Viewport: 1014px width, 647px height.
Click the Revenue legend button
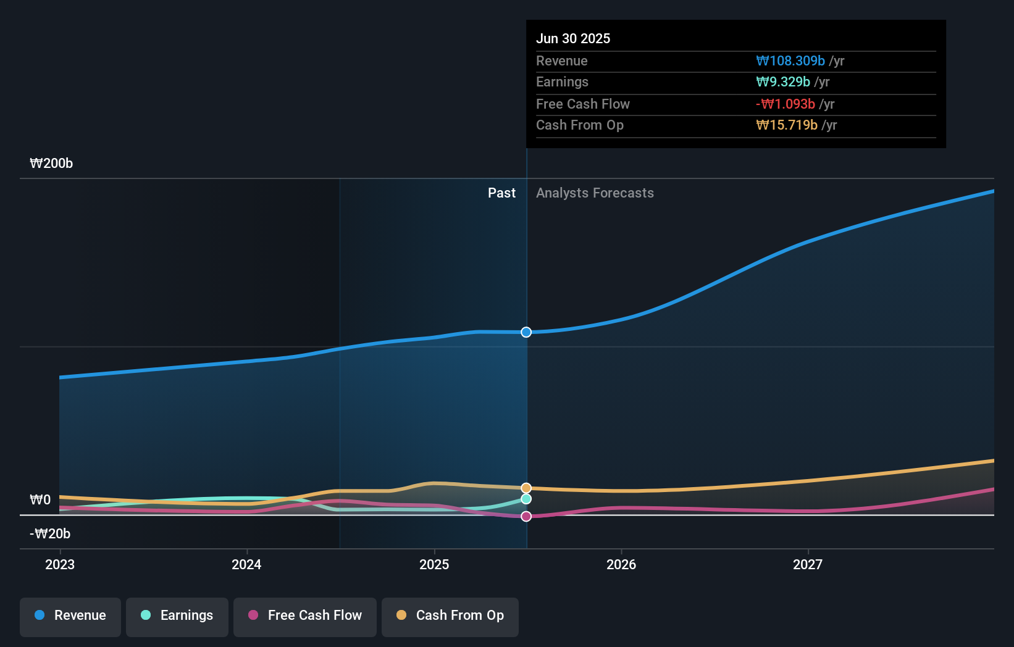pyautogui.click(x=70, y=616)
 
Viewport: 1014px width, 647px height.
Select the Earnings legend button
pyautogui.click(x=177, y=616)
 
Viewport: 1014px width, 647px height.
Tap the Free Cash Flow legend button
pyautogui.click(x=305, y=616)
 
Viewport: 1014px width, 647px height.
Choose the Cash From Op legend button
pyautogui.click(x=450, y=616)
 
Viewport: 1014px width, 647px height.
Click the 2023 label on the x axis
pyautogui.click(x=60, y=564)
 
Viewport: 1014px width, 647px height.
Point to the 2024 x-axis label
pyautogui.click(x=246, y=564)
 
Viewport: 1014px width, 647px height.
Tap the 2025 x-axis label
pyautogui.click(x=434, y=564)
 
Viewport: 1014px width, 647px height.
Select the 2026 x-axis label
pyautogui.click(x=621, y=564)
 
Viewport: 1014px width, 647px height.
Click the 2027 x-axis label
pyautogui.click(x=808, y=564)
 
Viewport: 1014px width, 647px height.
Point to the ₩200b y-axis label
pyautogui.click(x=51, y=164)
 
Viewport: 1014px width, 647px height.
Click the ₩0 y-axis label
pyautogui.click(x=40, y=499)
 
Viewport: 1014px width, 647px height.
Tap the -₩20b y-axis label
pyautogui.click(x=50, y=533)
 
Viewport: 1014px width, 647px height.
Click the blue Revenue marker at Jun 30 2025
pyautogui.click(x=526, y=332)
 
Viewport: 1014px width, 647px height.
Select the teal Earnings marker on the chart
pyautogui.click(x=526, y=499)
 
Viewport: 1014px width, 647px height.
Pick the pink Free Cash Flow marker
pyautogui.click(x=526, y=516)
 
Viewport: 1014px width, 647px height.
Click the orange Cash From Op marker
pyautogui.click(x=526, y=488)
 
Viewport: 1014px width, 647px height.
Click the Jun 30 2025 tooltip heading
pyautogui.click(x=573, y=38)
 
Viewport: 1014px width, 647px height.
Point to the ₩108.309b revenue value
pyautogui.click(x=790, y=61)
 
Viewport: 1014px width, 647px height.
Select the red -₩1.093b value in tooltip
pyautogui.click(x=786, y=104)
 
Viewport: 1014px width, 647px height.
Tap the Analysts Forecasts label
pyautogui.click(x=595, y=193)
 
